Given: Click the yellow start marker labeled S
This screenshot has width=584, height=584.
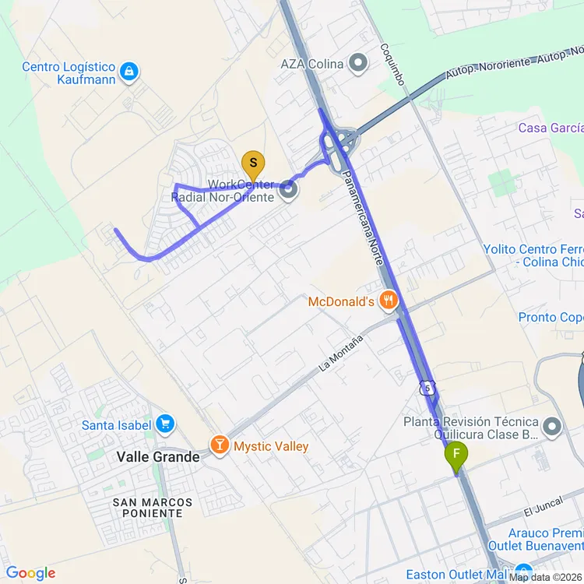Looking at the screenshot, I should click(252, 164).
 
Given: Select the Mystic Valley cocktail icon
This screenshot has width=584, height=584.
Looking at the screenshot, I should click(220, 446).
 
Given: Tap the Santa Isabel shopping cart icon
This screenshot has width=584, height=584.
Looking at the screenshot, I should click(164, 424).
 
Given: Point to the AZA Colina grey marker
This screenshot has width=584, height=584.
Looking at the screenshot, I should click(358, 63).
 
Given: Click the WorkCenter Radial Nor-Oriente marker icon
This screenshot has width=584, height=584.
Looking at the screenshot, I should click(289, 189).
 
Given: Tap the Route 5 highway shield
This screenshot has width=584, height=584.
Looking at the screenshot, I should click(426, 387).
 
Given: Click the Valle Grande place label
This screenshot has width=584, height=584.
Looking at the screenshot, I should click(158, 457).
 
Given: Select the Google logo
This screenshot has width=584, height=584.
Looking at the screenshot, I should click(30, 573).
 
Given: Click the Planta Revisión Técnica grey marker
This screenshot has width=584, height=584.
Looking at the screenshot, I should click(552, 426).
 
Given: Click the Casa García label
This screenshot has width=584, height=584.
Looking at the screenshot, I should click(551, 128).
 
